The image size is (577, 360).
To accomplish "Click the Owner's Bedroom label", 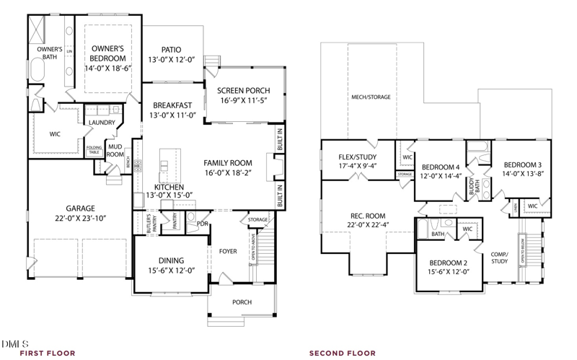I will [x=108, y=53].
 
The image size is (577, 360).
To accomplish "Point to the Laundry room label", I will [x=102, y=123].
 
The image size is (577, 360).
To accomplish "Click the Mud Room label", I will [x=115, y=150].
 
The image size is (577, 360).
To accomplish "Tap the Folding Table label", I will [x=94, y=150].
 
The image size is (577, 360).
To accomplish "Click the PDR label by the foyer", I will [x=203, y=224].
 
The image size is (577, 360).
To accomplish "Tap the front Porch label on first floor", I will [x=242, y=302].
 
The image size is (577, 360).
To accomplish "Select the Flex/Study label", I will [x=357, y=157].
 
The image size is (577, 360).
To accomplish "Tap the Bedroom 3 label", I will [x=523, y=164].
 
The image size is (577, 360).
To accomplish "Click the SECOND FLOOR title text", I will [x=342, y=354].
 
